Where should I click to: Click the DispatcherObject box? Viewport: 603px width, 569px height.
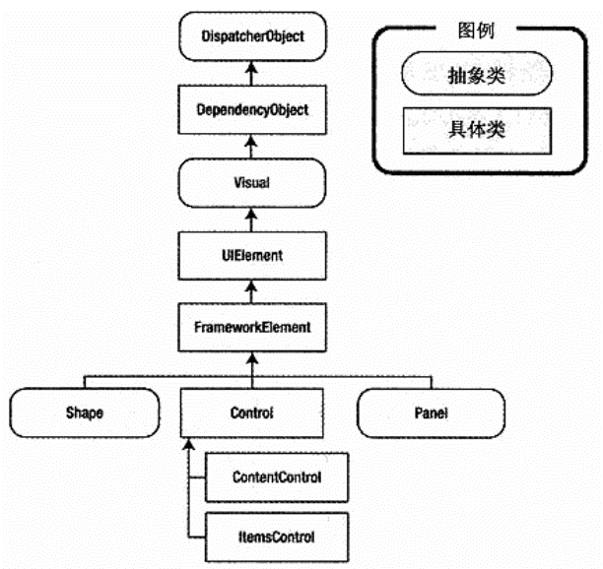(x=251, y=36)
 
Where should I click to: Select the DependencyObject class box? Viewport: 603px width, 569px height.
(x=251, y=109)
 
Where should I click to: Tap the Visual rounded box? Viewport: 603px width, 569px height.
(x=251, y=182)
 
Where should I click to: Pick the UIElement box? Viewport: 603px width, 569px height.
(x=251, y=255)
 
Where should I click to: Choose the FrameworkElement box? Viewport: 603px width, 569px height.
(x=251, y=326)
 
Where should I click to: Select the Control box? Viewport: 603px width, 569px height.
(x=251, y=412)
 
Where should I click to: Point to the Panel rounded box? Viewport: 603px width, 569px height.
(x=430, y=412)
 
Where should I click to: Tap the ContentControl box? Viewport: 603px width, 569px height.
(x=276, y=477)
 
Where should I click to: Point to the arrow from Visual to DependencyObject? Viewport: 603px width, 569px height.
(x=251, y=146)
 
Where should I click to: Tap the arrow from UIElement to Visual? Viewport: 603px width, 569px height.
(x=251, y=219)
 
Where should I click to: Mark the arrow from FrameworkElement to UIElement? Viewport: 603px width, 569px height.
(x=251, y=290)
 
